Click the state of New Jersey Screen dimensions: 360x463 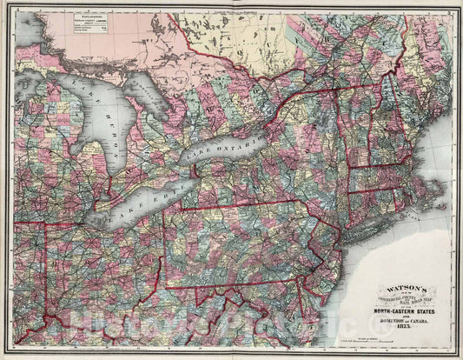point(329,261)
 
